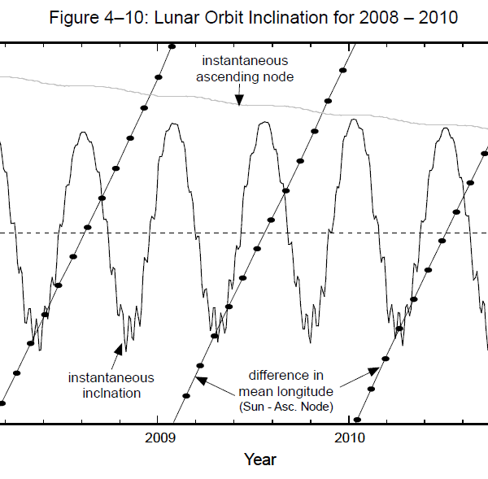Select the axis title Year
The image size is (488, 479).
tap(260, 460)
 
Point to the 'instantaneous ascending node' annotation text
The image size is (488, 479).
tap(245, 68)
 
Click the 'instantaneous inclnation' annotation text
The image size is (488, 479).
tap(111, 385)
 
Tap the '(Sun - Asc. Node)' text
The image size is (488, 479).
tap(286, 405)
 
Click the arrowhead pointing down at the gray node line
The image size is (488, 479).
tap(239, 99)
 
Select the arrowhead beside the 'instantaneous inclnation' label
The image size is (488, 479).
tap(119, 349)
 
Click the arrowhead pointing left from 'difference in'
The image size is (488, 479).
tap(200, 379)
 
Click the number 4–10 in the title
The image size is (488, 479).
tap(138, 19)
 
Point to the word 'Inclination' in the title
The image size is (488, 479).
tap(304, 19)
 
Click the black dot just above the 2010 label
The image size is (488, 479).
tap(357, 420)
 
